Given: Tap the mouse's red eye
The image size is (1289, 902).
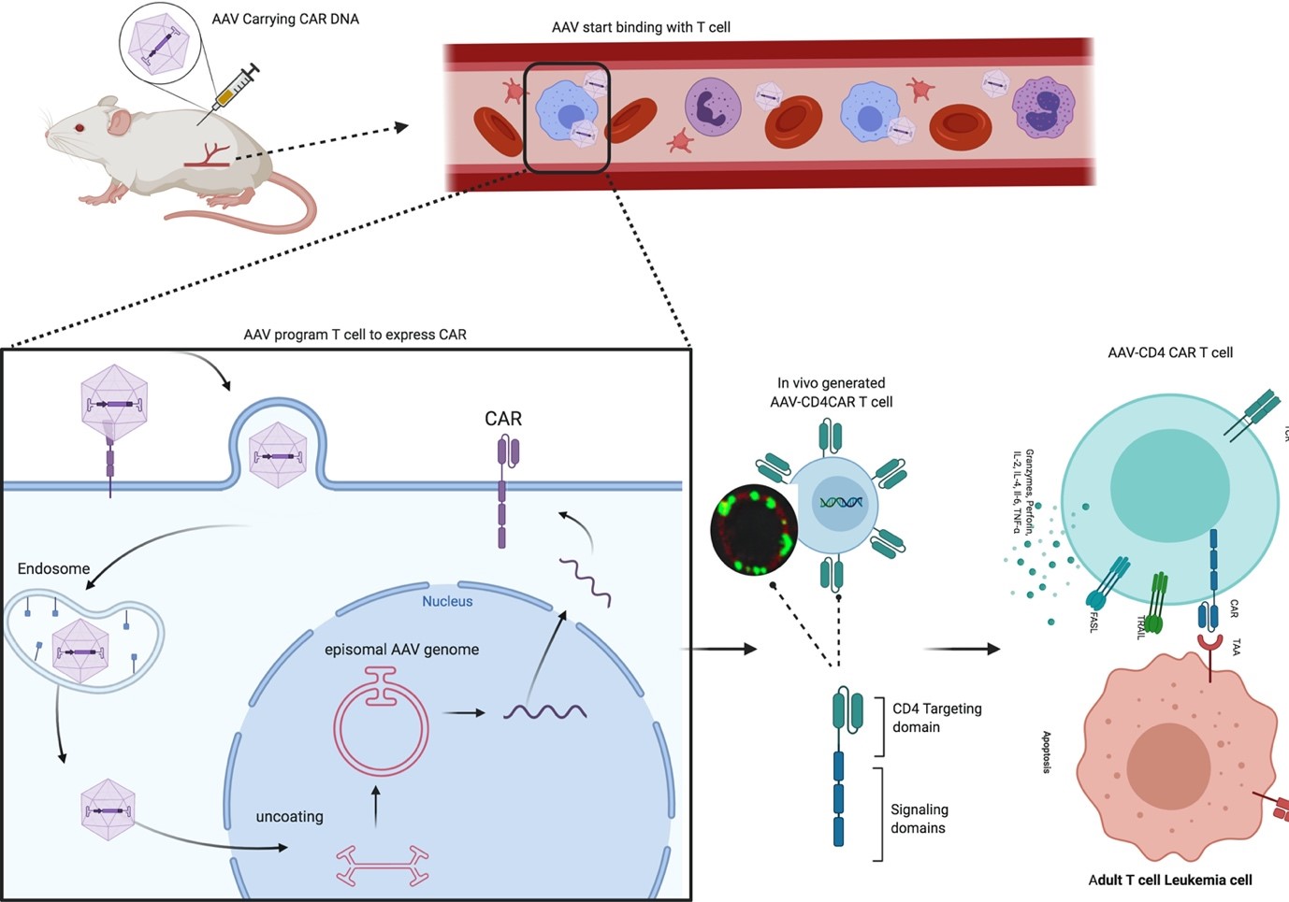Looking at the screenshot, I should coord(80,128).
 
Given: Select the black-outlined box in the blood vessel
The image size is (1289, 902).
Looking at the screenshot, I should coord(567,118).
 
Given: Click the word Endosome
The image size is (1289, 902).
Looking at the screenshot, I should coord(53,568).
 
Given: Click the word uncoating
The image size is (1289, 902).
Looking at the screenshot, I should coord(289,816).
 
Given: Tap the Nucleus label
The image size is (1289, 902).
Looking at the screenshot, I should coord(447,601).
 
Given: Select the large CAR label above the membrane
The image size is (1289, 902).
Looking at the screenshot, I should coord(503,419).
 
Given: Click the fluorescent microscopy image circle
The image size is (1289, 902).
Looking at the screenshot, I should coord(754,529).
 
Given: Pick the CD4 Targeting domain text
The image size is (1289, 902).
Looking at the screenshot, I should coord(936,718).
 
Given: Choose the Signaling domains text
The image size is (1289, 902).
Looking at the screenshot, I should coord(919,819).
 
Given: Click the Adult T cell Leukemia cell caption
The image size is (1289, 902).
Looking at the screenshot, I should coord(1169,880).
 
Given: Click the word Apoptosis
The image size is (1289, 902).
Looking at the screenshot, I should coord(1047,752).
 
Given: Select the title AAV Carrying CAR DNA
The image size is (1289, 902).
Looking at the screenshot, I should coord(285,19).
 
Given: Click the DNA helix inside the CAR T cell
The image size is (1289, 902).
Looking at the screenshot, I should coord(841,503).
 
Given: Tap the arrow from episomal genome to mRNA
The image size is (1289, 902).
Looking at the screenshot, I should coord(464,713).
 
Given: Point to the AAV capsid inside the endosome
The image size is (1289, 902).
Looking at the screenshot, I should coord(80,651).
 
